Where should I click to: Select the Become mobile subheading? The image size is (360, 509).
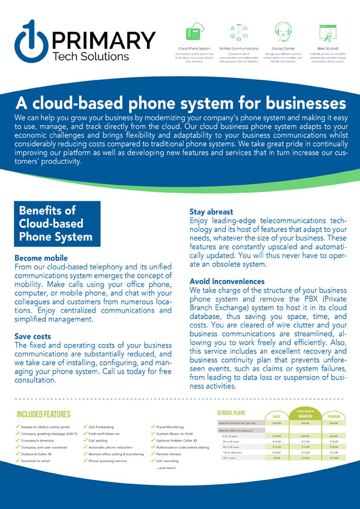42,257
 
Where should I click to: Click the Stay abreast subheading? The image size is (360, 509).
211,212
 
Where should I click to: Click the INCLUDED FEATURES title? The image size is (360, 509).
44,414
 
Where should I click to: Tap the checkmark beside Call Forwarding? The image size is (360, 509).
85,426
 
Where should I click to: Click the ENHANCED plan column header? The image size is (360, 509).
306,416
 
